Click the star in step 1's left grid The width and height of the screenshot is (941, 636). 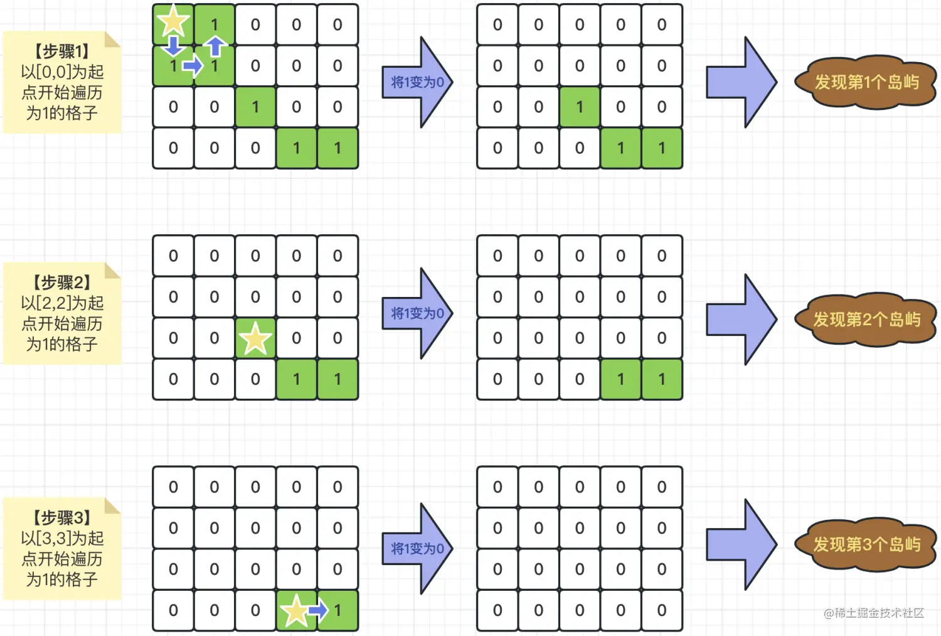coord(173,22)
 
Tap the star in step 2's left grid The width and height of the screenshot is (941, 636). coord(255,339)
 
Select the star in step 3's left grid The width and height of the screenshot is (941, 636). coord(295,611)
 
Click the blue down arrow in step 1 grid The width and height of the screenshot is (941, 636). coord(173,45)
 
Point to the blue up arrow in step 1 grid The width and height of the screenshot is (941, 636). coord(215,46)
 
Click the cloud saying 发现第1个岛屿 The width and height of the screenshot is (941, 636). coord(866,82)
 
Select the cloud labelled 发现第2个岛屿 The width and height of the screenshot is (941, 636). coord(866,320)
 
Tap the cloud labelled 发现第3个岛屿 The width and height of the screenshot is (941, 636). coord(866,544)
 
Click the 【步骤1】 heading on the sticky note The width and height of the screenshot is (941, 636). coord(62,51)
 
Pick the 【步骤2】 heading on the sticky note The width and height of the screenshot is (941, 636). coord(62,283)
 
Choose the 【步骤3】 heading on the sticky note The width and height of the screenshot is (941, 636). coord(62,518)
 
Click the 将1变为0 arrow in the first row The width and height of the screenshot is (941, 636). coord(417,82)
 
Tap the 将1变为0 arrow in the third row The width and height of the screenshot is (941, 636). coord(417,549)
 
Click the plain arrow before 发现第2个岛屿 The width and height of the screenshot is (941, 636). coord(741,319)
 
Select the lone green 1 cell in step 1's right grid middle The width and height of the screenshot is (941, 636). coord(580,107)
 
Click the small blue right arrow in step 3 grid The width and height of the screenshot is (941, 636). coord(318,610)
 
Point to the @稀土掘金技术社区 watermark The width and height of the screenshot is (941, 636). coord(874,613)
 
